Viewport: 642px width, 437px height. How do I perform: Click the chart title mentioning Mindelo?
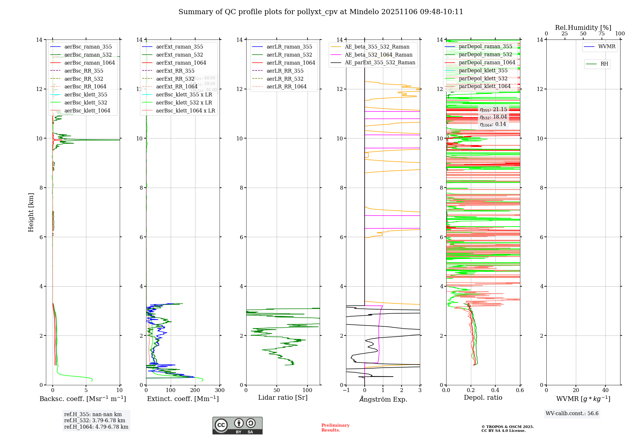tap(321, 12)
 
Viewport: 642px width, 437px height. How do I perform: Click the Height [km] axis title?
tap(31, 212)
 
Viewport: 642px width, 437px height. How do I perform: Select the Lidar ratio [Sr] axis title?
tap(283, 398)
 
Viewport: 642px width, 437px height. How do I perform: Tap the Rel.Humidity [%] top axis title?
tap(583, 28)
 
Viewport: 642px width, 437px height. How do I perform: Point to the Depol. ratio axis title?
tap(483, 398)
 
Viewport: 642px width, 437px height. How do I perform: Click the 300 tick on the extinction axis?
tap(220, 390)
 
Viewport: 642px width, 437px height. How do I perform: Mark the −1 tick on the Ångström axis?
tap(346, 390)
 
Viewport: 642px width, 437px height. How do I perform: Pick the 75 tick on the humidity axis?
tap(602, 34)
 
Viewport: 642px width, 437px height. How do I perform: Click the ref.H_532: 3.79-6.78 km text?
tap(94, 421)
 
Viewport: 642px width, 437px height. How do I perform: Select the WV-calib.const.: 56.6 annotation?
tap(572, 414)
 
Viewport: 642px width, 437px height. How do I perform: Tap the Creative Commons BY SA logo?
tap(237, 426)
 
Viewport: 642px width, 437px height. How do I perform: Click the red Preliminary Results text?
tap(335, 428)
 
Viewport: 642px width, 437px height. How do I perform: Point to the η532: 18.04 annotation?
tap(493, 117)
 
